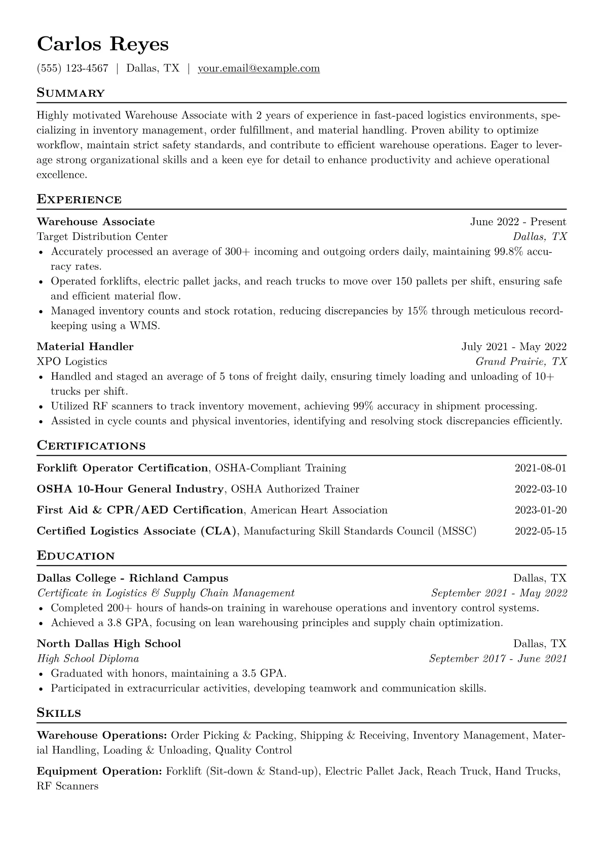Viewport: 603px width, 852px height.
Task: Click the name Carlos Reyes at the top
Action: click(102, 44)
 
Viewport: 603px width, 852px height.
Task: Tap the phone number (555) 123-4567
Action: click(72, 68)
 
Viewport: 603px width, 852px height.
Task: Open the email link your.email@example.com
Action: click(258, 68)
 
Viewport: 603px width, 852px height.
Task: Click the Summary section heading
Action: click(70, 93)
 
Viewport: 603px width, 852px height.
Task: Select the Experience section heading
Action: click(79, 199)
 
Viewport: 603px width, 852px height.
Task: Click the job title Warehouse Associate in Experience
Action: click(96, 222)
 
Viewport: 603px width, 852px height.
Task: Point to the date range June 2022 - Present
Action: click(518, 222)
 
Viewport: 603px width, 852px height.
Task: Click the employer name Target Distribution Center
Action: click(102, 236)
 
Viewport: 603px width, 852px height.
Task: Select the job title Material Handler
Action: click(85, 347)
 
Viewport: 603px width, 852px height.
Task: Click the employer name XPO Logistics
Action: click(72, 361)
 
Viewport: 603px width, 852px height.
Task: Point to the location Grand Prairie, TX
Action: click(521, 361)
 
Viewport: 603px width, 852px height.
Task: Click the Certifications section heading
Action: click(91, 446)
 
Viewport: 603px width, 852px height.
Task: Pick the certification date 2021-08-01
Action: click(540, 468)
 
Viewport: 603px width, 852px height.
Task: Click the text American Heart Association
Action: click(319, 510)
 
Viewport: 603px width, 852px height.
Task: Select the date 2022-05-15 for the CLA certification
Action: click(540, 532)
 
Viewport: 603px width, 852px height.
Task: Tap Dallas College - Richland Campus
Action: click(132, 578)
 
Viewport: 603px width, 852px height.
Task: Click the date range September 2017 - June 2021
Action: click(498, 659)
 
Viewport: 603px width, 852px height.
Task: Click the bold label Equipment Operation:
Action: click(99, 772)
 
